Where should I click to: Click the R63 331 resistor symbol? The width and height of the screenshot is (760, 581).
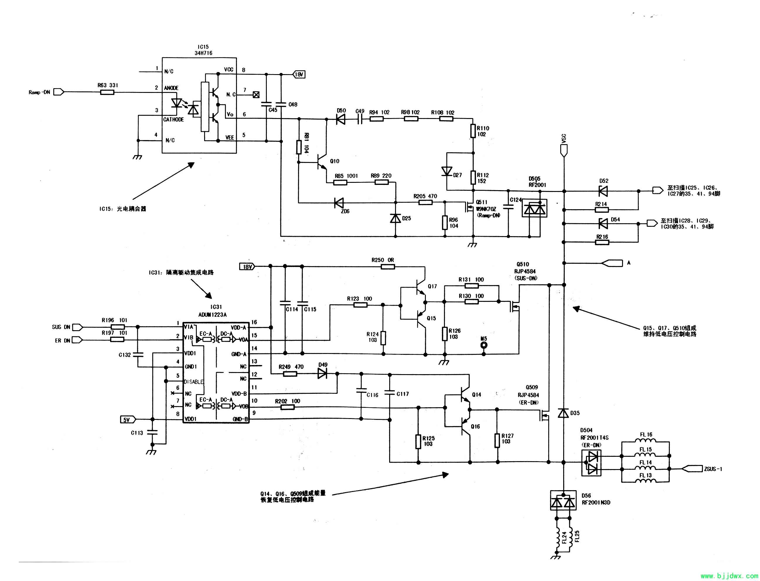107,92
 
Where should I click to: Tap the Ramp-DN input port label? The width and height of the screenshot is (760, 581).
40,92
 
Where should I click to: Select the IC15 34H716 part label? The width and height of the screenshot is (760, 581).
203,50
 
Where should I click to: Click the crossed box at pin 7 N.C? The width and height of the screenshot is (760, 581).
256,95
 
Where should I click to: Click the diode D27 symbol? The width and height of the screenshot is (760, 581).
447,171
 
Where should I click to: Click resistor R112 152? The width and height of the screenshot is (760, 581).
473,178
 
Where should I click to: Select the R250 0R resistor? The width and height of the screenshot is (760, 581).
388,267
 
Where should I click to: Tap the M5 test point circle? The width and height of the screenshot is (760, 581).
484,345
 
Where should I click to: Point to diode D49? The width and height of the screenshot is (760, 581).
322,374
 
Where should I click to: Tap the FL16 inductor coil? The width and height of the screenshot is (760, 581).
645,441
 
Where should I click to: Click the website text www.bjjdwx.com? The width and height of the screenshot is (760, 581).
729,576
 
